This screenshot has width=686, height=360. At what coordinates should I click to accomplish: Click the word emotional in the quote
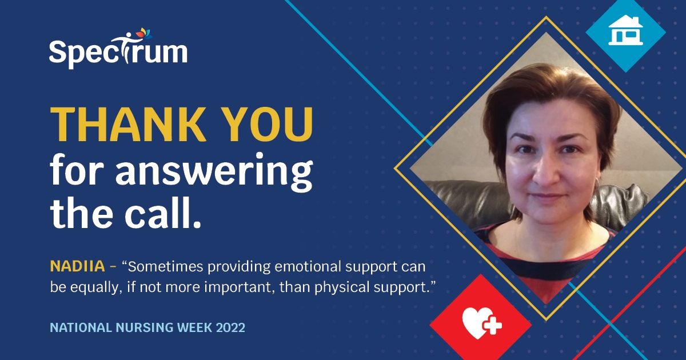coord(309,266)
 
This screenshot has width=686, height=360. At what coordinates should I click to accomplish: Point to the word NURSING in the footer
coord(137,328)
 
